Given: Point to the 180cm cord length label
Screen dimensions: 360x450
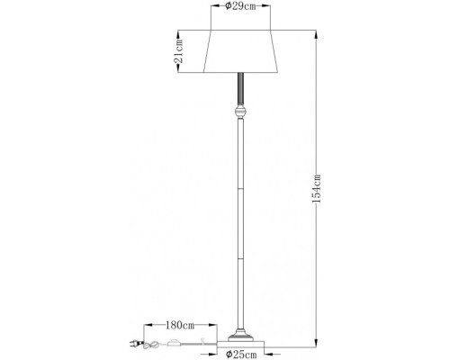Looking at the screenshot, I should [181, 323].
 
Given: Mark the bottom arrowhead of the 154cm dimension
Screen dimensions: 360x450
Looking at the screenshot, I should [316, 344].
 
